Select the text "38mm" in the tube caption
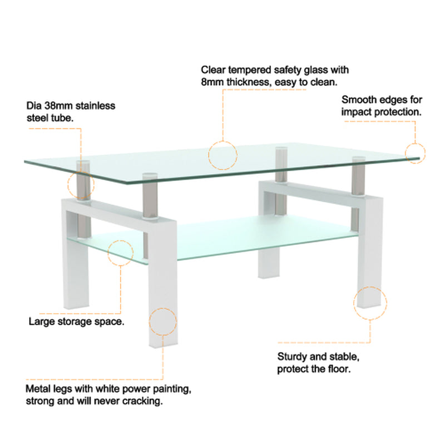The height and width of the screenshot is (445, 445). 55,106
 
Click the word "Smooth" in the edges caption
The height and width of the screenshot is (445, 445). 358,100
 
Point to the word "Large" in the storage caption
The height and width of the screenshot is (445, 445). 40,322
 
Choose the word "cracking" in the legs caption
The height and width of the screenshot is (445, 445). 143,400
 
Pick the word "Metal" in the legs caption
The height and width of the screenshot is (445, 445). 38,388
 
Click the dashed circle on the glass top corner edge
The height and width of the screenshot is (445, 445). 415,152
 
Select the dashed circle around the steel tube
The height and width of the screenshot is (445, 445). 81,185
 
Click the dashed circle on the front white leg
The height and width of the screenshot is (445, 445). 163,321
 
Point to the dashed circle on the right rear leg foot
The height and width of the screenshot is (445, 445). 369,303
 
